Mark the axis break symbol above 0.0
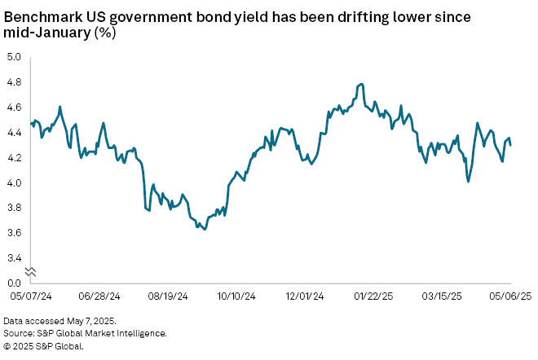(30, 271)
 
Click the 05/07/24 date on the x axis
(30, 296)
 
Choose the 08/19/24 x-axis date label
(170, 296)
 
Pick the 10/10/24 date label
(240, 296)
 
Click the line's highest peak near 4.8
(360, 84)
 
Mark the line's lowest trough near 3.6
(204, 230)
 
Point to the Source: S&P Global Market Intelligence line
(85, 334)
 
